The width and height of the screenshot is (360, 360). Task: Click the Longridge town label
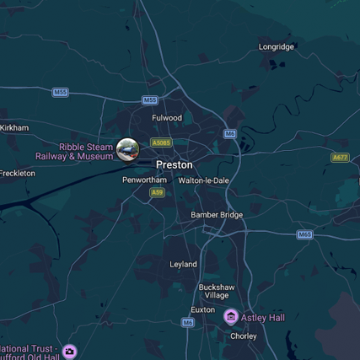point(276,46)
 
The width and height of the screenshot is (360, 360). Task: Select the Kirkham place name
point(14,127)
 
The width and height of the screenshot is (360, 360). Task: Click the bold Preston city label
point(174,164)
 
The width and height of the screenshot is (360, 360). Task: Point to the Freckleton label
point(18,173)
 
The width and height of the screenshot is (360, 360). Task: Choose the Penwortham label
point(144,180)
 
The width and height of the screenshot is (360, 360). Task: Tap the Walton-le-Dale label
point(204,180)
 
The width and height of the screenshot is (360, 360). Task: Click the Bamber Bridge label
point(217,215)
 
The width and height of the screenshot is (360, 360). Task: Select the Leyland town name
point(183,264)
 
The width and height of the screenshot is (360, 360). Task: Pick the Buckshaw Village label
point(214,292)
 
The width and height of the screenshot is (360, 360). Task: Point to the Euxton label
point(202,310)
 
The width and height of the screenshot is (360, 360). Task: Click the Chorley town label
point(244,336)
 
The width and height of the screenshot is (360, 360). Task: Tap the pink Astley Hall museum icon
point(230,317)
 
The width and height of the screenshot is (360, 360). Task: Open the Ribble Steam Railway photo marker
point(128,149)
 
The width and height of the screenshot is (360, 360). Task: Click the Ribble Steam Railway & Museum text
point(74,152)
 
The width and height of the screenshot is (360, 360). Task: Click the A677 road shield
point(340,158)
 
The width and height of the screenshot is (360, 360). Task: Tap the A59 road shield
point(157,193)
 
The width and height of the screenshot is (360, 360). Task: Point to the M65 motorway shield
point(304,234)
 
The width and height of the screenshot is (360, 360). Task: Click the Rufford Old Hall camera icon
point(69,351)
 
